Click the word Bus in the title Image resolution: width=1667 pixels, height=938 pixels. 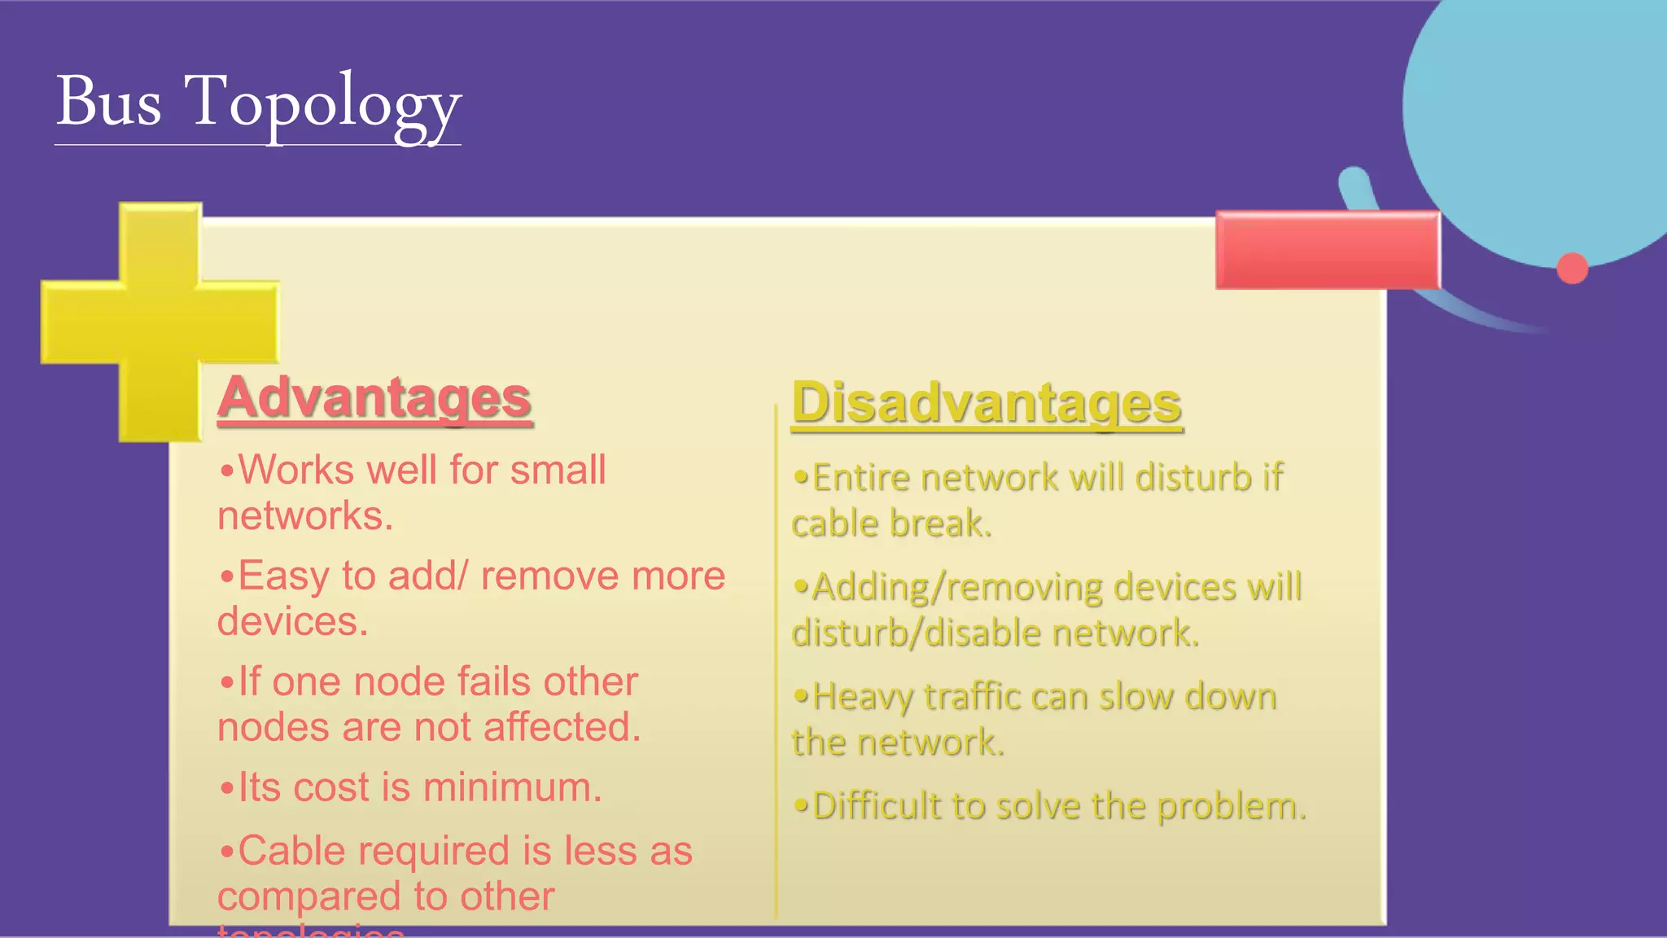[x=109, y=102]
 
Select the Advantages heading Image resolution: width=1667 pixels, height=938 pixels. [x=374, y=397]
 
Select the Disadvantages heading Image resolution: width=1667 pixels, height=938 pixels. [x=987, y=403]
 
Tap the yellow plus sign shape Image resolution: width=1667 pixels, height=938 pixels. [x=160, y=322]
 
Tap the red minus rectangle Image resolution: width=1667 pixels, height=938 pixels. [x=1328, y=250]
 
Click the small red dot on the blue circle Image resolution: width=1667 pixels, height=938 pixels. [x=1572, y=269]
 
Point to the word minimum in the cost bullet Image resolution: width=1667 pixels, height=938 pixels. [x=512, y=787]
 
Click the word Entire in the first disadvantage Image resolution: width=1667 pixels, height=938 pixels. [x=861, y=478]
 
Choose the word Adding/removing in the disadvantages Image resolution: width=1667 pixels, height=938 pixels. [x=957, y=588]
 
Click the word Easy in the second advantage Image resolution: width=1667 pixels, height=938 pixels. [x=285, y=576]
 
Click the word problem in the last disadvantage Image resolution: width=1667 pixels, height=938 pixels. [x=1231, y=806]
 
